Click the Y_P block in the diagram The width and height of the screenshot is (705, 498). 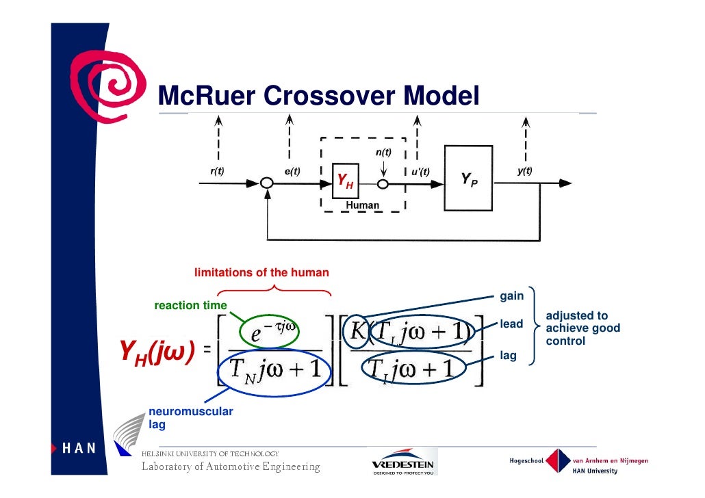tap(468, 180)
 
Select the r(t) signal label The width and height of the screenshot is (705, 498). tap(217, 171)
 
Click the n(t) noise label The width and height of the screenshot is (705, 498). tap(383, 152)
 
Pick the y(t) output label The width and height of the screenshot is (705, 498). tap(524, 171)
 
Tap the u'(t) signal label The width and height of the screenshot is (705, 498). tap(420, 171)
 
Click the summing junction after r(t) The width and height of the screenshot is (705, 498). tap(267, 184)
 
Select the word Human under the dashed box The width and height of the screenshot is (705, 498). tap(362, 205)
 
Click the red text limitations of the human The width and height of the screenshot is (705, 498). tap(261, 273)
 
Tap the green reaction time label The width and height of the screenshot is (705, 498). tap(190, 305)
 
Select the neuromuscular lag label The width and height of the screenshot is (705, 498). tap(181, 418)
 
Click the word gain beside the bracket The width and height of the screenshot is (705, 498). tap(511, 296)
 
